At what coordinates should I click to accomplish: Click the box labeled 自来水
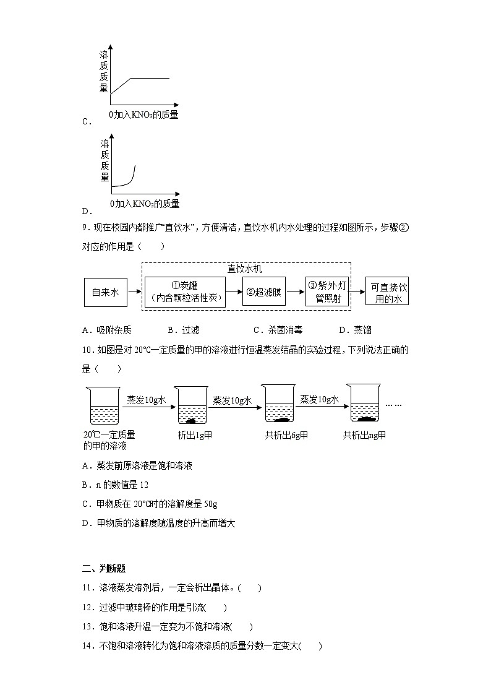pos(105,292)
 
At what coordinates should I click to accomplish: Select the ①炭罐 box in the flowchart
pos(185,292)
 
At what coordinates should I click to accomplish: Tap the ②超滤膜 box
pos(264,292)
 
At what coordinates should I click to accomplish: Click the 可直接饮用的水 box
pos(386,292)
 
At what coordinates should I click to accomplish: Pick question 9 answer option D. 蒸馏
pos(355,330)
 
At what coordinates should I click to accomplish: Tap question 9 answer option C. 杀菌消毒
pos(278,330)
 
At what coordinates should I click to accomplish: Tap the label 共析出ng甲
pos(364,435)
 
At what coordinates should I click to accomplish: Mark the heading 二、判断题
pos(104,569)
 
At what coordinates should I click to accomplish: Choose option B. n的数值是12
pos(114,485)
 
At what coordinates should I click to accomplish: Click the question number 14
pos(87,646)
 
